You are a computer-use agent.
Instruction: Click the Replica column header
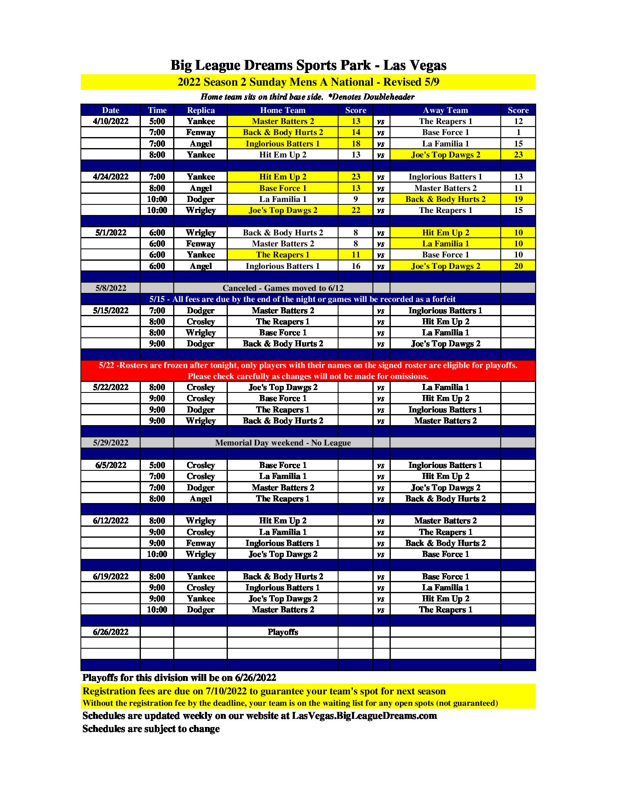pos(200,110)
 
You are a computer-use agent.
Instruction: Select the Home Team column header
pos(283,110)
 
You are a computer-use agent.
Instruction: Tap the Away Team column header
pos(445,110)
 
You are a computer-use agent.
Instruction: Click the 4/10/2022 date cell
pos(111,121)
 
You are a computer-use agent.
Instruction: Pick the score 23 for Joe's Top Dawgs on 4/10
pos(518,155)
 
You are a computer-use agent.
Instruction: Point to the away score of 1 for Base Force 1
pos(518,132)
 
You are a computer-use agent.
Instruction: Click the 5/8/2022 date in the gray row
pos(111,288)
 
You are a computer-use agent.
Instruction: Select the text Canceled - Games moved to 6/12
pos(283,288)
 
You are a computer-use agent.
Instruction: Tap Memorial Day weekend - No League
pos(283,443)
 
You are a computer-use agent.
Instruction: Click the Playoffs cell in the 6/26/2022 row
pos(283,632)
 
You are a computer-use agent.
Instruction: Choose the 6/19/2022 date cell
pos(111,576)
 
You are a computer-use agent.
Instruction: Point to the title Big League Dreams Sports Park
pos(308,65)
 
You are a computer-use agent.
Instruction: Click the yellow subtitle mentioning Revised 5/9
pos(308,82)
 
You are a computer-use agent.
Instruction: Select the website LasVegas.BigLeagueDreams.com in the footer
pos(364,716)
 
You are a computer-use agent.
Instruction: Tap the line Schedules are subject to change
pos(151,729)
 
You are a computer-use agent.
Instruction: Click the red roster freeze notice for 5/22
pos(308,370)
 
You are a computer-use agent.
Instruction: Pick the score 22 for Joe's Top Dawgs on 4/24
pos(356,210)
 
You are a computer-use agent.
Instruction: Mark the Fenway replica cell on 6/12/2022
pos(200,543)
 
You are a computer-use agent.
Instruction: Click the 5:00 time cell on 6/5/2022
pos(157,465)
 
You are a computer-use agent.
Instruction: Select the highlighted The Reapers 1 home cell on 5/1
pos(283,255)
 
